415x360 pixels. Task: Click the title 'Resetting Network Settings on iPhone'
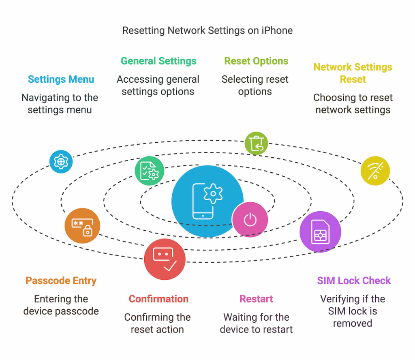[207, 30]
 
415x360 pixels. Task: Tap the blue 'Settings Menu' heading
[61, 79]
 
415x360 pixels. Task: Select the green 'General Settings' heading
[158, 61]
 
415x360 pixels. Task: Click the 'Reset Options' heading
[256, 61]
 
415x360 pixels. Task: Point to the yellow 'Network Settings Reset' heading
[353, 73]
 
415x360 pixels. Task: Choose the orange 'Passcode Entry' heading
[61, 281]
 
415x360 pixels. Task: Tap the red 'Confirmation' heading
[158, 299]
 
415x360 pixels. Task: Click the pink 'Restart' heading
[256, 299]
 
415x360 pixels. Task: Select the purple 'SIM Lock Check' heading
[353, 281]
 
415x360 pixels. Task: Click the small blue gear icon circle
[61, 161]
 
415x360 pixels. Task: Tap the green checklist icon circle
[149, 171]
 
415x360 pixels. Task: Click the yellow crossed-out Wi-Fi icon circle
[375, 171]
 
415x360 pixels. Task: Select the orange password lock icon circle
[82, 226]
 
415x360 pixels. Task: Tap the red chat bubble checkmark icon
[165, 259]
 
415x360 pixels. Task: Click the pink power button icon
[250, 220]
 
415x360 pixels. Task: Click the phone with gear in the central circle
[207, 201]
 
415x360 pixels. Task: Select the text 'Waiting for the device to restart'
[256, 323]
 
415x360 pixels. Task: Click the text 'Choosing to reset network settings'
[353, 103]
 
